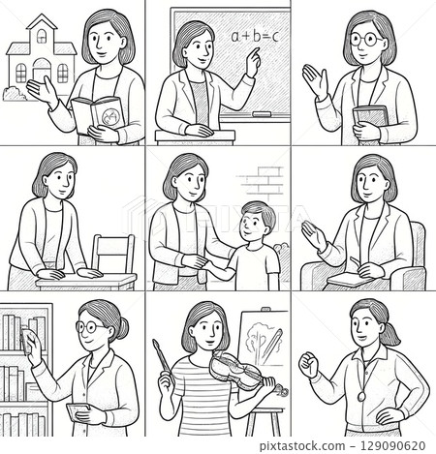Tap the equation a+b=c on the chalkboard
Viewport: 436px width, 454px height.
[255, 37]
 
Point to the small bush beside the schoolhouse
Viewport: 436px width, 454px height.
[15, 93]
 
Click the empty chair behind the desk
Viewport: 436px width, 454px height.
[114, 252]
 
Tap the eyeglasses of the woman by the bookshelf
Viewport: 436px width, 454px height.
[92, 328]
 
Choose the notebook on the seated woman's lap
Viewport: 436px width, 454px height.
[346, 280]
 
